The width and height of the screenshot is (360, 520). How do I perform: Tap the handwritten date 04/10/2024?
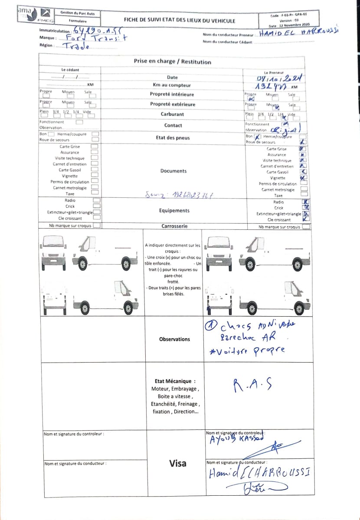(x=279, y=78)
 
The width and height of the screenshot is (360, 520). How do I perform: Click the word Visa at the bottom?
(x=178, y=463)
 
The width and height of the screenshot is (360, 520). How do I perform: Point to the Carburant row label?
(x=173, y=114)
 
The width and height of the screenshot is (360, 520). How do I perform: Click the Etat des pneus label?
(x=173, y=137)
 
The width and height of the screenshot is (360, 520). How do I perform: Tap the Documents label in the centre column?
(x=173, y=171)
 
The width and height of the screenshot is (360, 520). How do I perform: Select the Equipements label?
(x=173, y=210)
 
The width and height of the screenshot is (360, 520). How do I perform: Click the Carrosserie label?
(x=174, y=226)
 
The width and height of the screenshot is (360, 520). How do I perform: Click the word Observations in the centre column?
(x=174, y=339)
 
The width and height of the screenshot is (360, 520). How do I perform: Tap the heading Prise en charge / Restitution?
(x=173, y=62)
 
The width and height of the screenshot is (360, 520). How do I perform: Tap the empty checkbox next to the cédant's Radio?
(x=96, y=200)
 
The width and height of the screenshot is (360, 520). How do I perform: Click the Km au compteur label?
(x=171, y=85)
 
